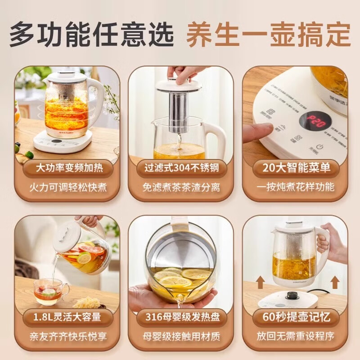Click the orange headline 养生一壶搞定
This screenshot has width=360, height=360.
coord(268,33)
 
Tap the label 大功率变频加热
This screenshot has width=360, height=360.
coord(67,168)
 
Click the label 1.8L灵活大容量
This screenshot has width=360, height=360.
coord(67,317)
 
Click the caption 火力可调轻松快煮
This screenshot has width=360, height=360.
coord(67,187)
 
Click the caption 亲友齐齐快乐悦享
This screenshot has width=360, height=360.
coord(67,336)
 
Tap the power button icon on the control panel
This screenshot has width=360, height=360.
coord(319,146)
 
